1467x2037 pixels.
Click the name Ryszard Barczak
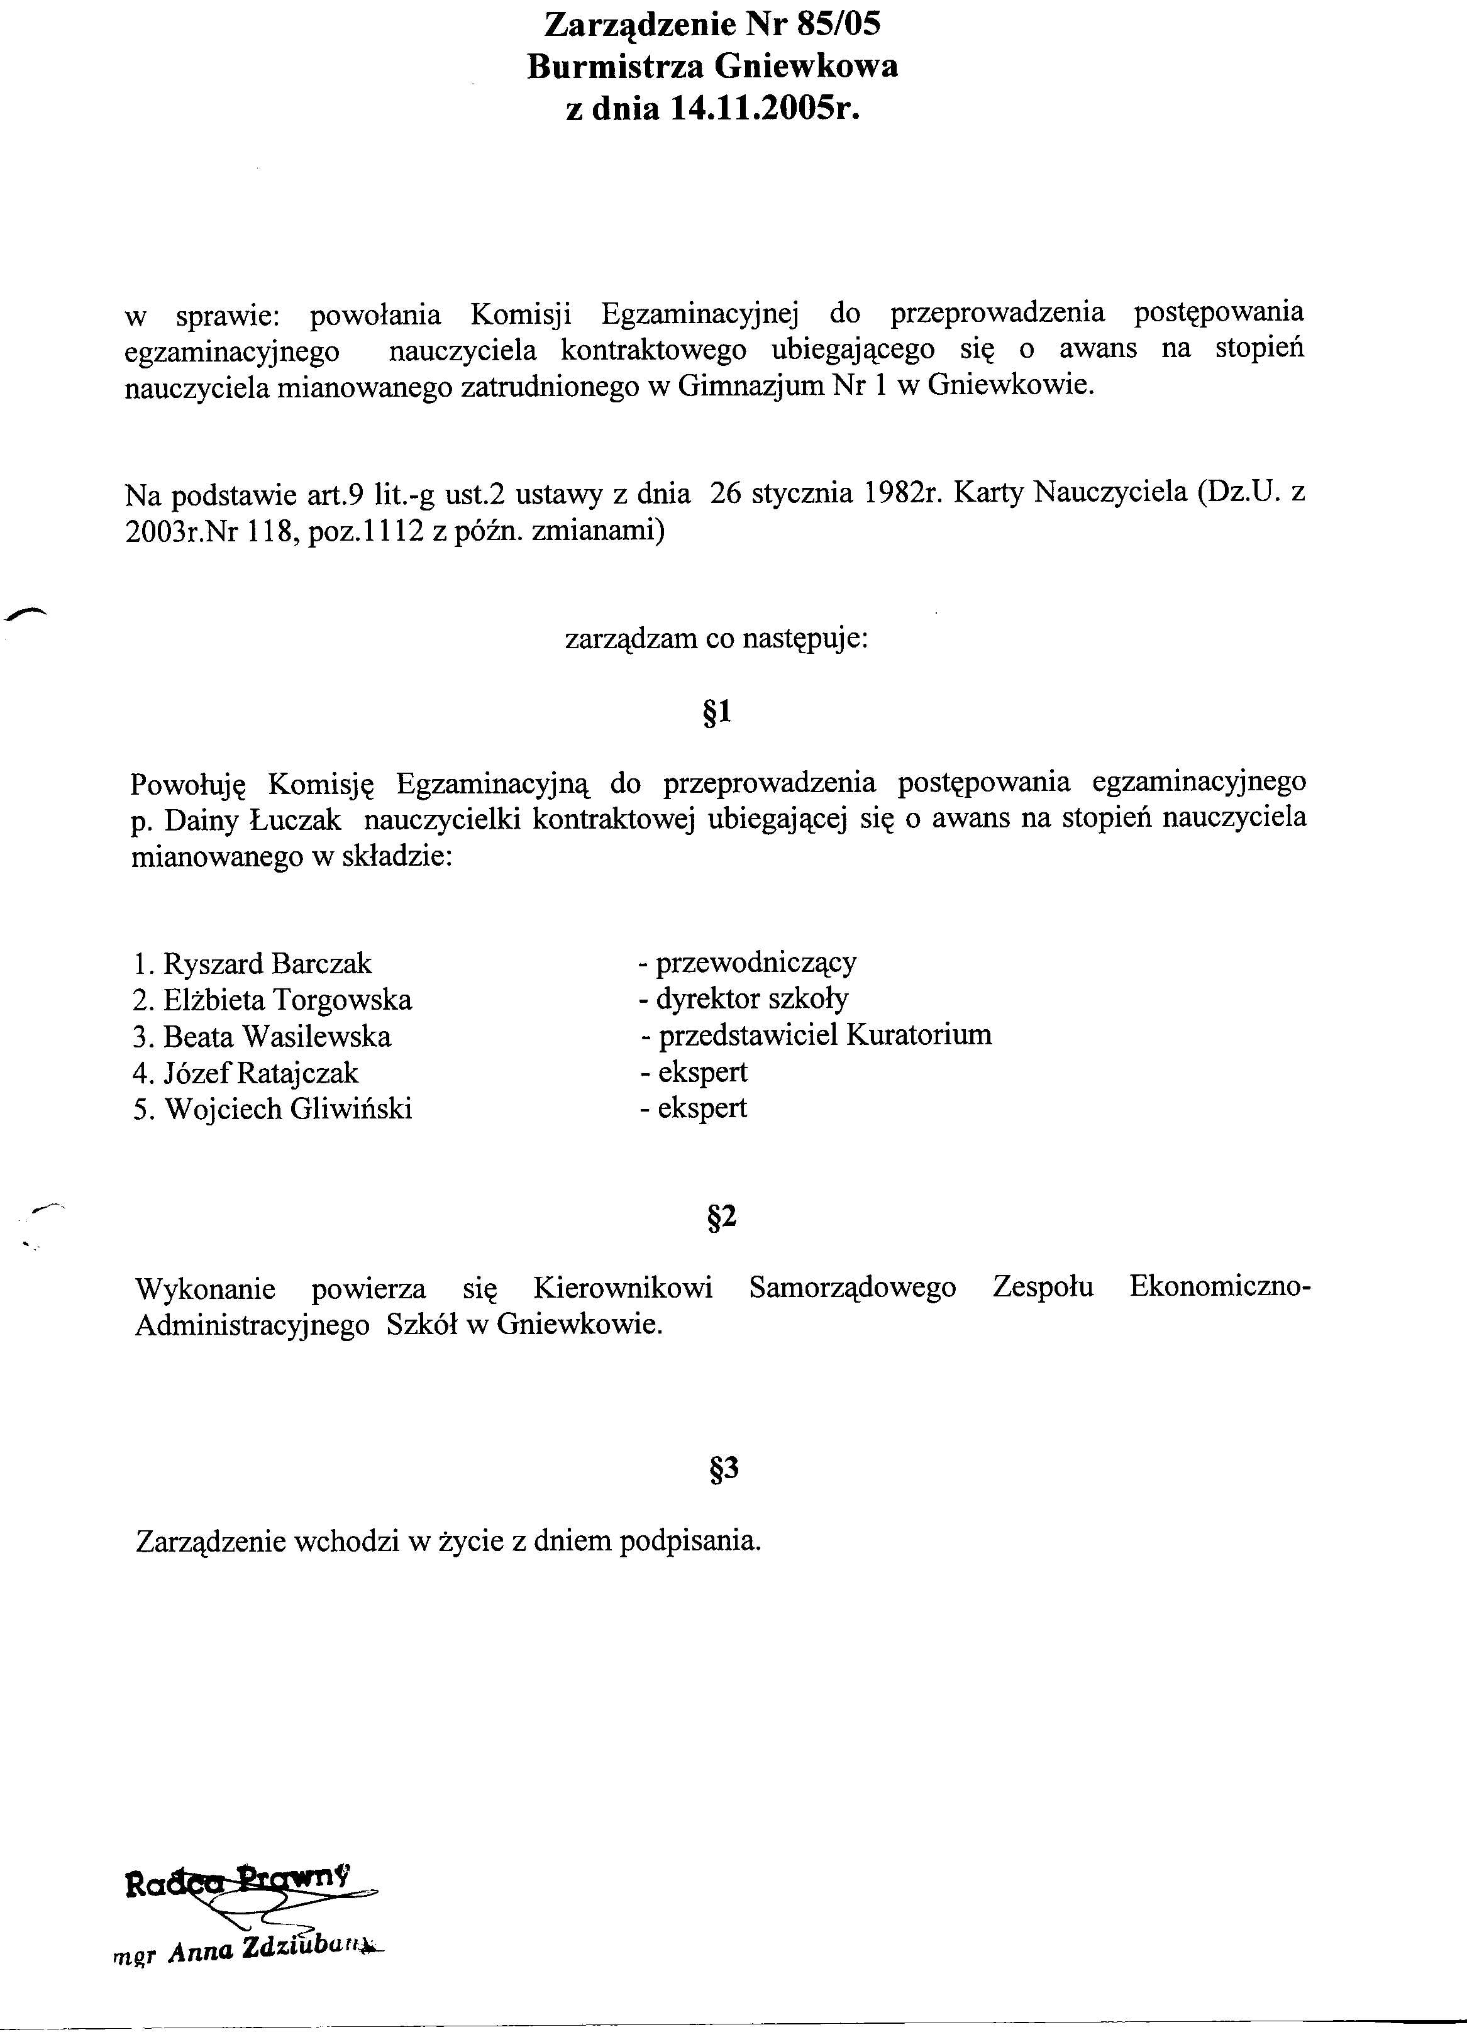pyautogui.click(x=267, y=964)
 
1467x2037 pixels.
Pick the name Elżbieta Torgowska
pyautogui.click(x=287, y=1000)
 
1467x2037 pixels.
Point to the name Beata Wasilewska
pyautogui.click(x=277, y=1037)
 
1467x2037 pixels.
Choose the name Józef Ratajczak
pyautogui.click(x=260, y=1073)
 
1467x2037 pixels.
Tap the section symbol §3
pyautogui.click(x=723, y=1469)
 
